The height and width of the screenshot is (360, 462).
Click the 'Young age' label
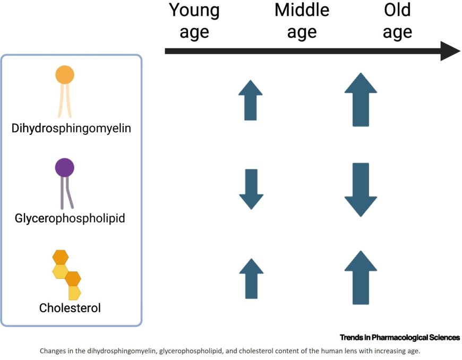coord(194,21)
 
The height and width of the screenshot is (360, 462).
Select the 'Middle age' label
coord(302,21)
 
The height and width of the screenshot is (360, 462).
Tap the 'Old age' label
coord(397,21)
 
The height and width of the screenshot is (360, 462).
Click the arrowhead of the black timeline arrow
coord(449,51)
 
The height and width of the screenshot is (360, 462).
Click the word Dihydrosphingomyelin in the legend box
coord(72,128)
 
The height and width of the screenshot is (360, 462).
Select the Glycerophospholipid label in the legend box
coord(71,218)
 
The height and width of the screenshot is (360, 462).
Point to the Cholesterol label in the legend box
coord(70,307)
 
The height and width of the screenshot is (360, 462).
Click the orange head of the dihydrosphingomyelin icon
coord(65,74)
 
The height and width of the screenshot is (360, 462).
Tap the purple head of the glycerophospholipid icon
coord(65,168)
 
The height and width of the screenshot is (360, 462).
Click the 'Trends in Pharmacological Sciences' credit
coord(399,337)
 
